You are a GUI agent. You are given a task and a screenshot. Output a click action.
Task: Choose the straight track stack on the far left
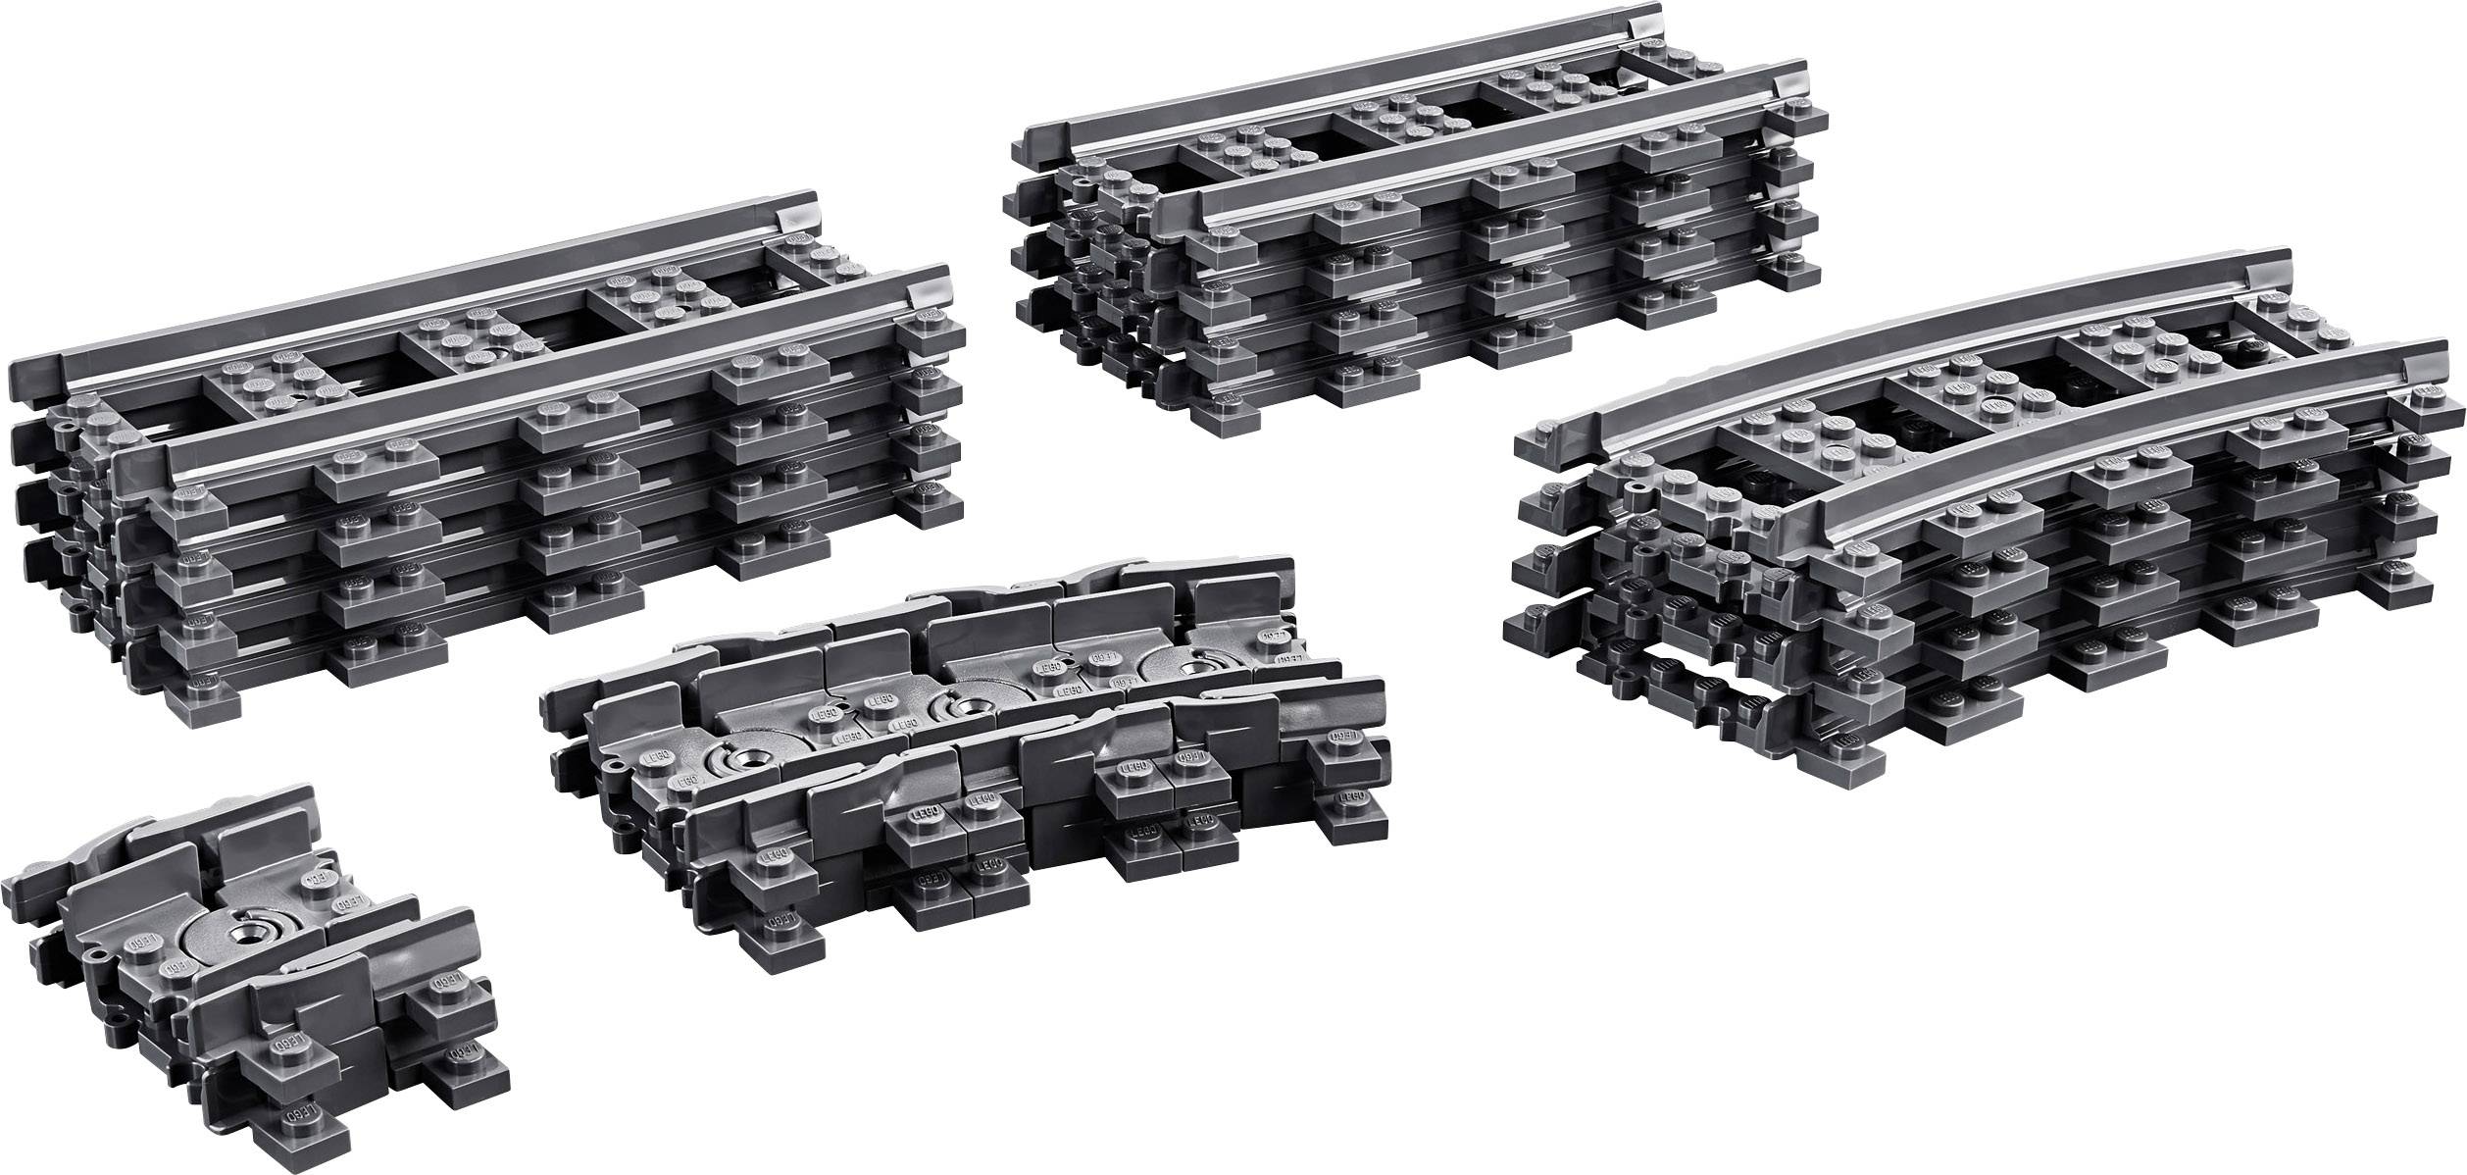point(480,461)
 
